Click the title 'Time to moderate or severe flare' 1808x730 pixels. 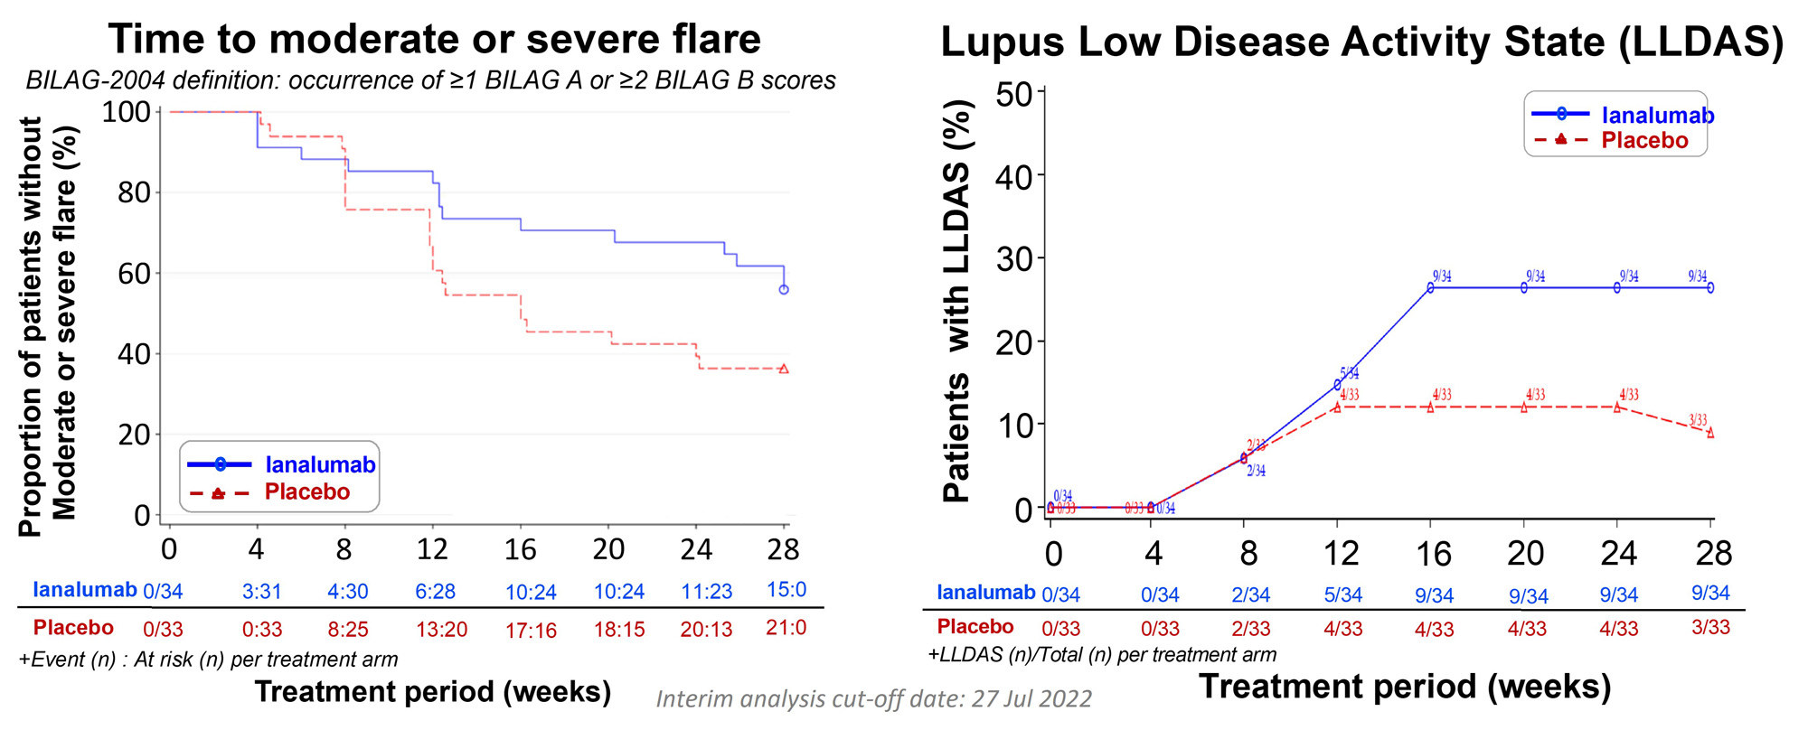(434, 40)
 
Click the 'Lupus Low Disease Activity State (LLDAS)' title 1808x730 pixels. (1361, 42)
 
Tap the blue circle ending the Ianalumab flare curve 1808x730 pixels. (784, 289)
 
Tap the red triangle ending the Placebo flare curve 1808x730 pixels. (784, 369)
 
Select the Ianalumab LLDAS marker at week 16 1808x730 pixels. (1431, 287)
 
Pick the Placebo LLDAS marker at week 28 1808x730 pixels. (1710, 433)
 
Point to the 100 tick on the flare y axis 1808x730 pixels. (126, 112)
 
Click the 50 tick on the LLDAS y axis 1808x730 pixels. (1013, 94)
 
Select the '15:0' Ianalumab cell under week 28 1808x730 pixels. (786, 590)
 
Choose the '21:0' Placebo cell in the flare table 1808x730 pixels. (786, 628)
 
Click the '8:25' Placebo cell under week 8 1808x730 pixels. (347, 629)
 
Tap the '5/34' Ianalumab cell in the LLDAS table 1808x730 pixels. (1342, 595)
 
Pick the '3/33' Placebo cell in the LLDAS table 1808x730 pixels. (1710, 627)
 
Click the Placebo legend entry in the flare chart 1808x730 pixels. (306, 492)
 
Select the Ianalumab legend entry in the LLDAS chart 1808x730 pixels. (1657, 116)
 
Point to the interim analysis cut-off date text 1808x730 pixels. (873, 699)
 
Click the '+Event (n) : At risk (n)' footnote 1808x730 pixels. (208, 660)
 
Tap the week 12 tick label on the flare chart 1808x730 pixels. (432, 549)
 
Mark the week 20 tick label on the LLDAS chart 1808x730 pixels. (1525, 553)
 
